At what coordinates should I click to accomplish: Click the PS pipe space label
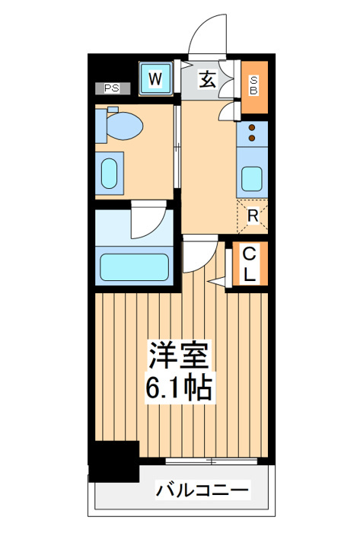(112, 88)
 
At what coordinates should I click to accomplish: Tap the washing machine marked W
(155, 79)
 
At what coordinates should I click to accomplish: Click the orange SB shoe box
(254, 87)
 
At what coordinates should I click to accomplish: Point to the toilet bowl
(124, 126)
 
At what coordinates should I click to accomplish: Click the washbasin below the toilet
(110, 174)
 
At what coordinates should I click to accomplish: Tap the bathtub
(135, 266)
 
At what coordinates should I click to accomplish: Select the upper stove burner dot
(252, 128)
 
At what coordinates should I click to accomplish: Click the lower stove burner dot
(252, 138)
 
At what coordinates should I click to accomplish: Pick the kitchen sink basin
(252, 179)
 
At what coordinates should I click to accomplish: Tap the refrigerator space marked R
(253, 216)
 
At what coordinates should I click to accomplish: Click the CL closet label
(250, 263)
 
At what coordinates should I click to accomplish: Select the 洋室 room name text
(179, 356)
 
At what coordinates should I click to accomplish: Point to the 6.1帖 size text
(179, 388)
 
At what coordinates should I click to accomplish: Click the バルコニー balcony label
(202, 490)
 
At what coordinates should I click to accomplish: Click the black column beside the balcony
(114, 461)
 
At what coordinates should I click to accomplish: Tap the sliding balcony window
(212, 461)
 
